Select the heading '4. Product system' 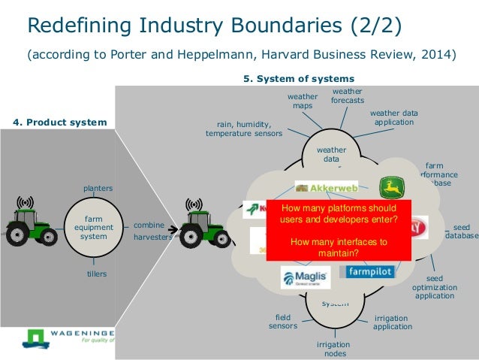coord(61,121)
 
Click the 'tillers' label coord(96,274)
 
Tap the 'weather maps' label coord(303,101)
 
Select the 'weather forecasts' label coord(348,96)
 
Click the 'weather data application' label coord(393,117)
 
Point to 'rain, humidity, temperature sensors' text coord(244,129)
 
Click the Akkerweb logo coord(326,187)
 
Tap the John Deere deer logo coord(391,187)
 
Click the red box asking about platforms coord(339,230)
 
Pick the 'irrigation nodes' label coord(333,349)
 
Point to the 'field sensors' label coord(283,322)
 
